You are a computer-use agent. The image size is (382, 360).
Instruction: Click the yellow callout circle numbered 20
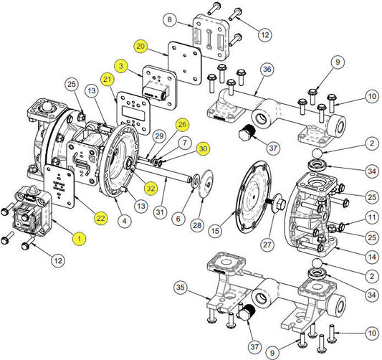pos(140,47)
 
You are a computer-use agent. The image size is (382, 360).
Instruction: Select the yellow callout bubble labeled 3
pos(121,66)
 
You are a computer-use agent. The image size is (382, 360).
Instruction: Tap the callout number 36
pos(267,70)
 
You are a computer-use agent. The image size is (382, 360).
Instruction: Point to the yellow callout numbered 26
pos(182,125)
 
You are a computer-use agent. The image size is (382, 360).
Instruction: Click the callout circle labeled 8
pos(170,19)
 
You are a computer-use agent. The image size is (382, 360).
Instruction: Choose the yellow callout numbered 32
pos(151,188)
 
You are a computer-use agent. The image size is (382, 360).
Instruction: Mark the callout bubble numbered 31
pos(160,212)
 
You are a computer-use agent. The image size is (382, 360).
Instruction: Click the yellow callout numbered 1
pos(79,238)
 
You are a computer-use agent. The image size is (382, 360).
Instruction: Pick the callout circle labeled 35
pos(181,288)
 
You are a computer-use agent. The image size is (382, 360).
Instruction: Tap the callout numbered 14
pos(372,257)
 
